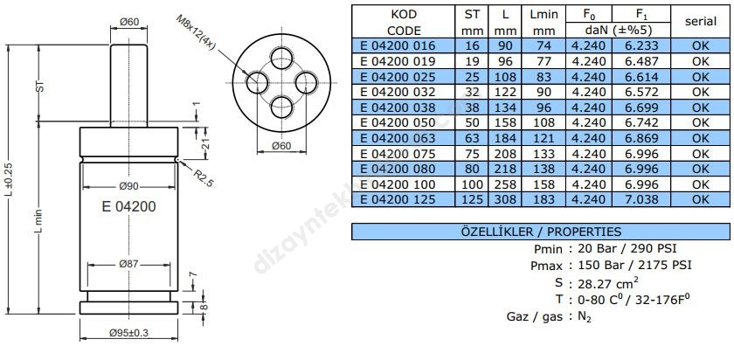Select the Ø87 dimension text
[x=128, y=264]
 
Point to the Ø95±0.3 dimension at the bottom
[x=128, y=332]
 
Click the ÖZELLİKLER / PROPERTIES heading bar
[x=540, y=232]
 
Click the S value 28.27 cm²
[x=603, y=282]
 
